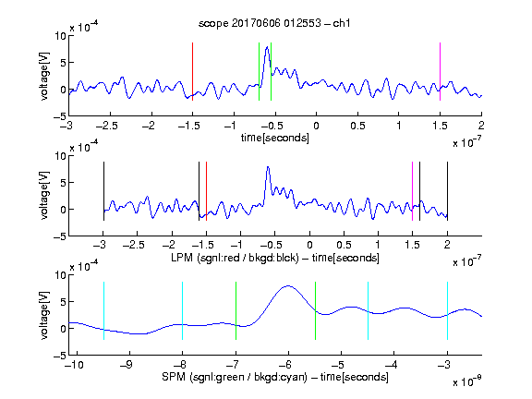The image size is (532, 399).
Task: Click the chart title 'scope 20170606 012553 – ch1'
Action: click(x=274, y=23)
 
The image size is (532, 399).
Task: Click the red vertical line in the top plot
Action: click(x=192, y=72)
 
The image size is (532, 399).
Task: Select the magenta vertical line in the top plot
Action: click(x=440, y=72)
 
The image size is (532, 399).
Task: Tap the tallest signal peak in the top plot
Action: click(x=267, y=47)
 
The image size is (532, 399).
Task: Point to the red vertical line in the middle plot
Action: click(x=206, y=191)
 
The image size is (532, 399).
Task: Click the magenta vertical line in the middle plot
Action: click(x=413, y=191)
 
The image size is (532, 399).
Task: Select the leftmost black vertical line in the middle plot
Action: click(x=103, y=191)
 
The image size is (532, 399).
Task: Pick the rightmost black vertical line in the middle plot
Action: click(x=447, y=191)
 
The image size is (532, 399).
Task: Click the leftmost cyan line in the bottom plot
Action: click(x=103, y=310)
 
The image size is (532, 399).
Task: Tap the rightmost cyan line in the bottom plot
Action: click(x=447, y=310)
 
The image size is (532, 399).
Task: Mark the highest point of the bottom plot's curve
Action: click(x=288, y=286)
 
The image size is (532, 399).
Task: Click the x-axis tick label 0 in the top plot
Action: click(x=316, y=126)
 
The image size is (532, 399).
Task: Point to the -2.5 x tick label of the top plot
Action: click(x=107, y=126)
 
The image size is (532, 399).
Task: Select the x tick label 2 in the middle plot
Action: click(x=447, y=245)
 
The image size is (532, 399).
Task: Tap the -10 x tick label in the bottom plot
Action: click(x=74, y=365)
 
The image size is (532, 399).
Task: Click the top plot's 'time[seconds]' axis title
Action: click(x=275, y=138)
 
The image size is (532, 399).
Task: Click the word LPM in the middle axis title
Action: click(x=182, y=258)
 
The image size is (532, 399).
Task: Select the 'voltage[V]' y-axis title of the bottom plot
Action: click(x=44, y=315)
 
